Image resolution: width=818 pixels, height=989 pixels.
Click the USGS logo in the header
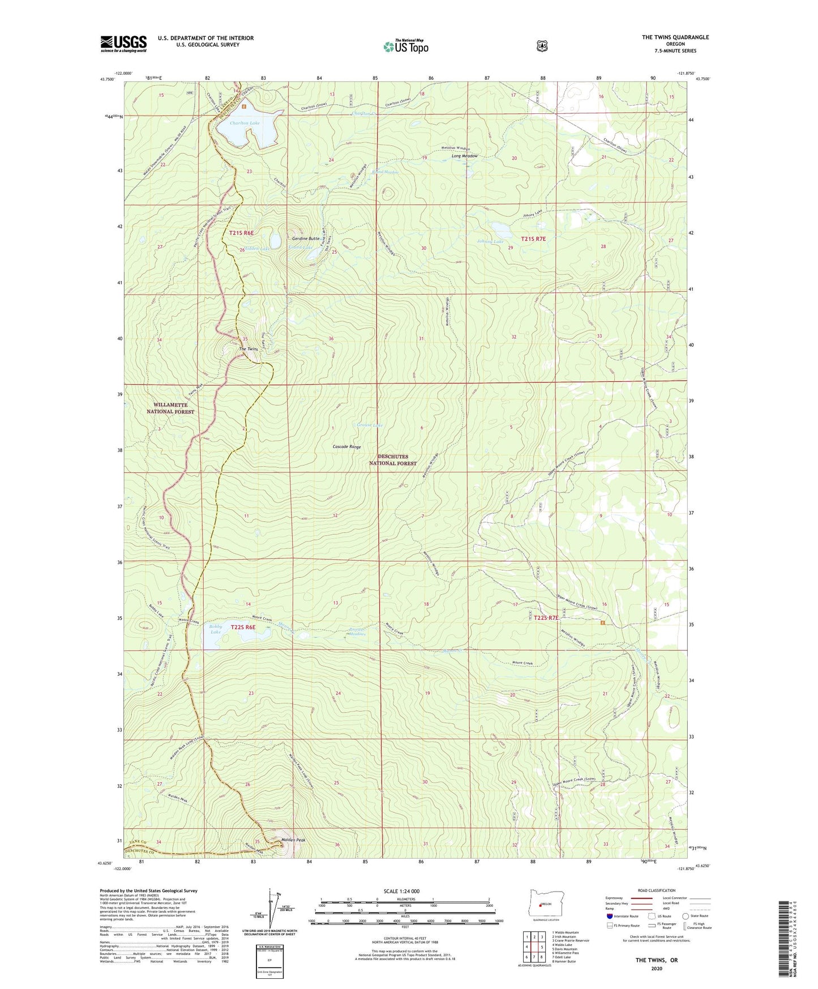[123, 44]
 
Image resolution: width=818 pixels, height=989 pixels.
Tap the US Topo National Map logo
[405, 46]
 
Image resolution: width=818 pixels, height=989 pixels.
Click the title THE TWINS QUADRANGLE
[675, 37]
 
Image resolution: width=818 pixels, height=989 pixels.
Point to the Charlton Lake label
[245, 123]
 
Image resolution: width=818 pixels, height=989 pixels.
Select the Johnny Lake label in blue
[490, 242]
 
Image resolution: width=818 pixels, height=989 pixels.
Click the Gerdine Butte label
[306, 239]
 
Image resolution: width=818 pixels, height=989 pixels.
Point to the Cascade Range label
[346, 447]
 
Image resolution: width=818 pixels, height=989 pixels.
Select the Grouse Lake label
[370, 425]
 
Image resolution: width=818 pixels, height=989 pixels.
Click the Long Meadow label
[464, 156]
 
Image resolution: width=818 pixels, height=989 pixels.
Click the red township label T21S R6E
[242, 233]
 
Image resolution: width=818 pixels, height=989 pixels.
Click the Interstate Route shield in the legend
[609, 916]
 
